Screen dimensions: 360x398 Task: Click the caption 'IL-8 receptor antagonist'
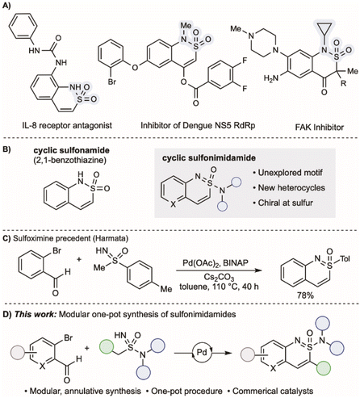[x=67, y=125]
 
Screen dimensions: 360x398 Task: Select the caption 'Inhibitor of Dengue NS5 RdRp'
[x=198, y=125]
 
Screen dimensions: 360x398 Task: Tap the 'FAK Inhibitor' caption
[x=320, y=127]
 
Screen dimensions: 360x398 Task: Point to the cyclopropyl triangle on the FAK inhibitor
[x=325, y=29]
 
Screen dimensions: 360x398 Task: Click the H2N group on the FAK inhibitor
[x=272, y=78]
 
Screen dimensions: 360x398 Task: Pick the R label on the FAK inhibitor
[x=343, y=83]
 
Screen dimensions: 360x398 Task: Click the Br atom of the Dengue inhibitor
[x=112, y=81]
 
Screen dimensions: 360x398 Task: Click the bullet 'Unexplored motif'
[x=287, y=173]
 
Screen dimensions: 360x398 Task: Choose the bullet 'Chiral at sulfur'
[x=283, y=203]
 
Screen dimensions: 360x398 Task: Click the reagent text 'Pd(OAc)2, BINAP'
[x=216, y=263]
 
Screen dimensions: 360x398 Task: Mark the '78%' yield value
[x=305, y=295]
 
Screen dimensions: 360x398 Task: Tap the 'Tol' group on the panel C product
[x=345, y=259]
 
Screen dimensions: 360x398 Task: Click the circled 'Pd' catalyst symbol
[x=202, y=352]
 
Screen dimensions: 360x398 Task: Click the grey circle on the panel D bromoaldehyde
[x=18, y=352]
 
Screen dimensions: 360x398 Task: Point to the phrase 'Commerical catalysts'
[x=272, y=391]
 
